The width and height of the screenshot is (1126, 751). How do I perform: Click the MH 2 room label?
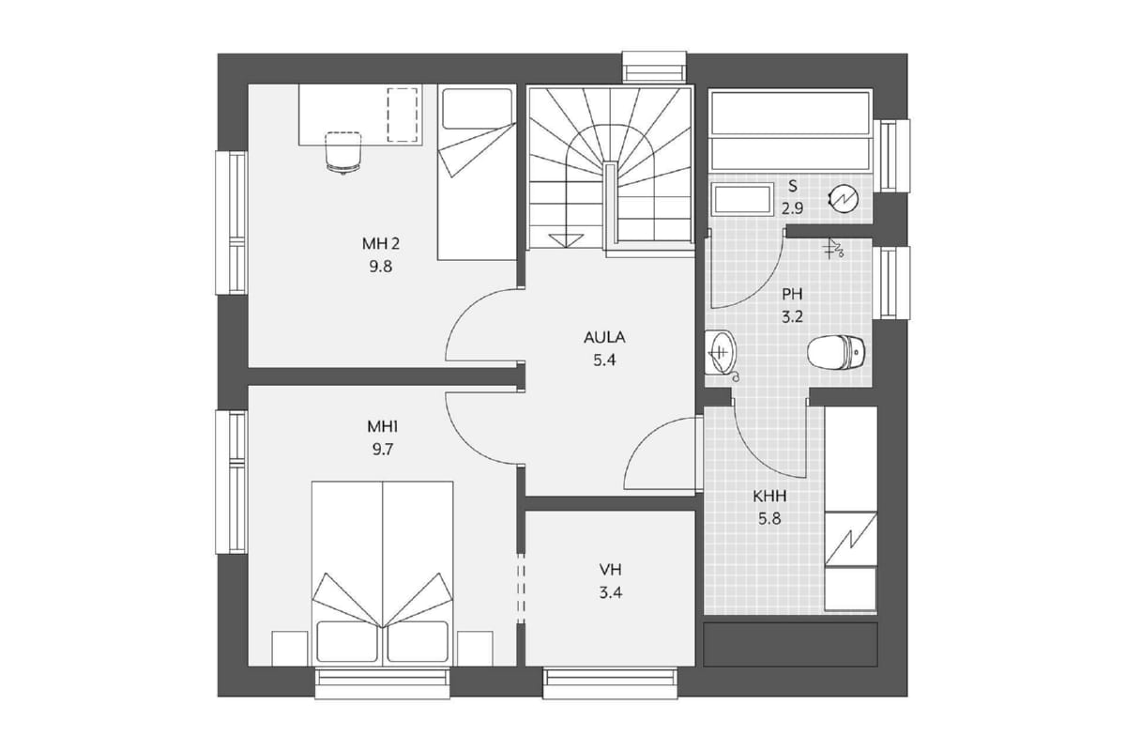[x=381, y=244]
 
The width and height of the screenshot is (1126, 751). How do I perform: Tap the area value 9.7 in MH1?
[x=383, y=449]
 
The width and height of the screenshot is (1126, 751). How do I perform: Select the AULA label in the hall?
[x=604, y=337]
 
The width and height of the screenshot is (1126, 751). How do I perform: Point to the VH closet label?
[x=610, y=570]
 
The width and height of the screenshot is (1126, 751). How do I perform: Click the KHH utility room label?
[x=769, y=497]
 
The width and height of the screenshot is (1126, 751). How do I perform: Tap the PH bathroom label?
[x=792, y=294]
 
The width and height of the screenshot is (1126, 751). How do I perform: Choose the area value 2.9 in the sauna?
[x=792, y=207]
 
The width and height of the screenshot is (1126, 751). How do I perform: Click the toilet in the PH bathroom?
[x=836, y=352]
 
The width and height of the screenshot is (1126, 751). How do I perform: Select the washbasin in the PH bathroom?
[x=721, y=353]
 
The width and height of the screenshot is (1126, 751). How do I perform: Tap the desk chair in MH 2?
[x=343, y=152]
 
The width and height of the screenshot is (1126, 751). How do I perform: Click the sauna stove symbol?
[x=844, y=199]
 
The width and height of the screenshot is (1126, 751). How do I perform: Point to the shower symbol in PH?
[x=833, y=249]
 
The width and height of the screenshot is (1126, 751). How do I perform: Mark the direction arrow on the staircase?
[x=566, y=240]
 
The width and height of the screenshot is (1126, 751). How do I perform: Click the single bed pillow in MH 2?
[x=477, y=108]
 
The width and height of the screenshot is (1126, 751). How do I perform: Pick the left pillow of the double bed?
[x=347, y=641]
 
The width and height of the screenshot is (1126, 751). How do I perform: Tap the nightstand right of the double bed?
[x=475, y=649]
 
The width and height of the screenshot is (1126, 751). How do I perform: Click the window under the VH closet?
[x=610, y=682]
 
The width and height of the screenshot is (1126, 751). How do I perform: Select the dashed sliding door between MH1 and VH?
[x=521, y=588]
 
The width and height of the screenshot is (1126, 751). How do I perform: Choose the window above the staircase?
[x=655, y=67]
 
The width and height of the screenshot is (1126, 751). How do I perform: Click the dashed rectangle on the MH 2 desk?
[x=403, y=115]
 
